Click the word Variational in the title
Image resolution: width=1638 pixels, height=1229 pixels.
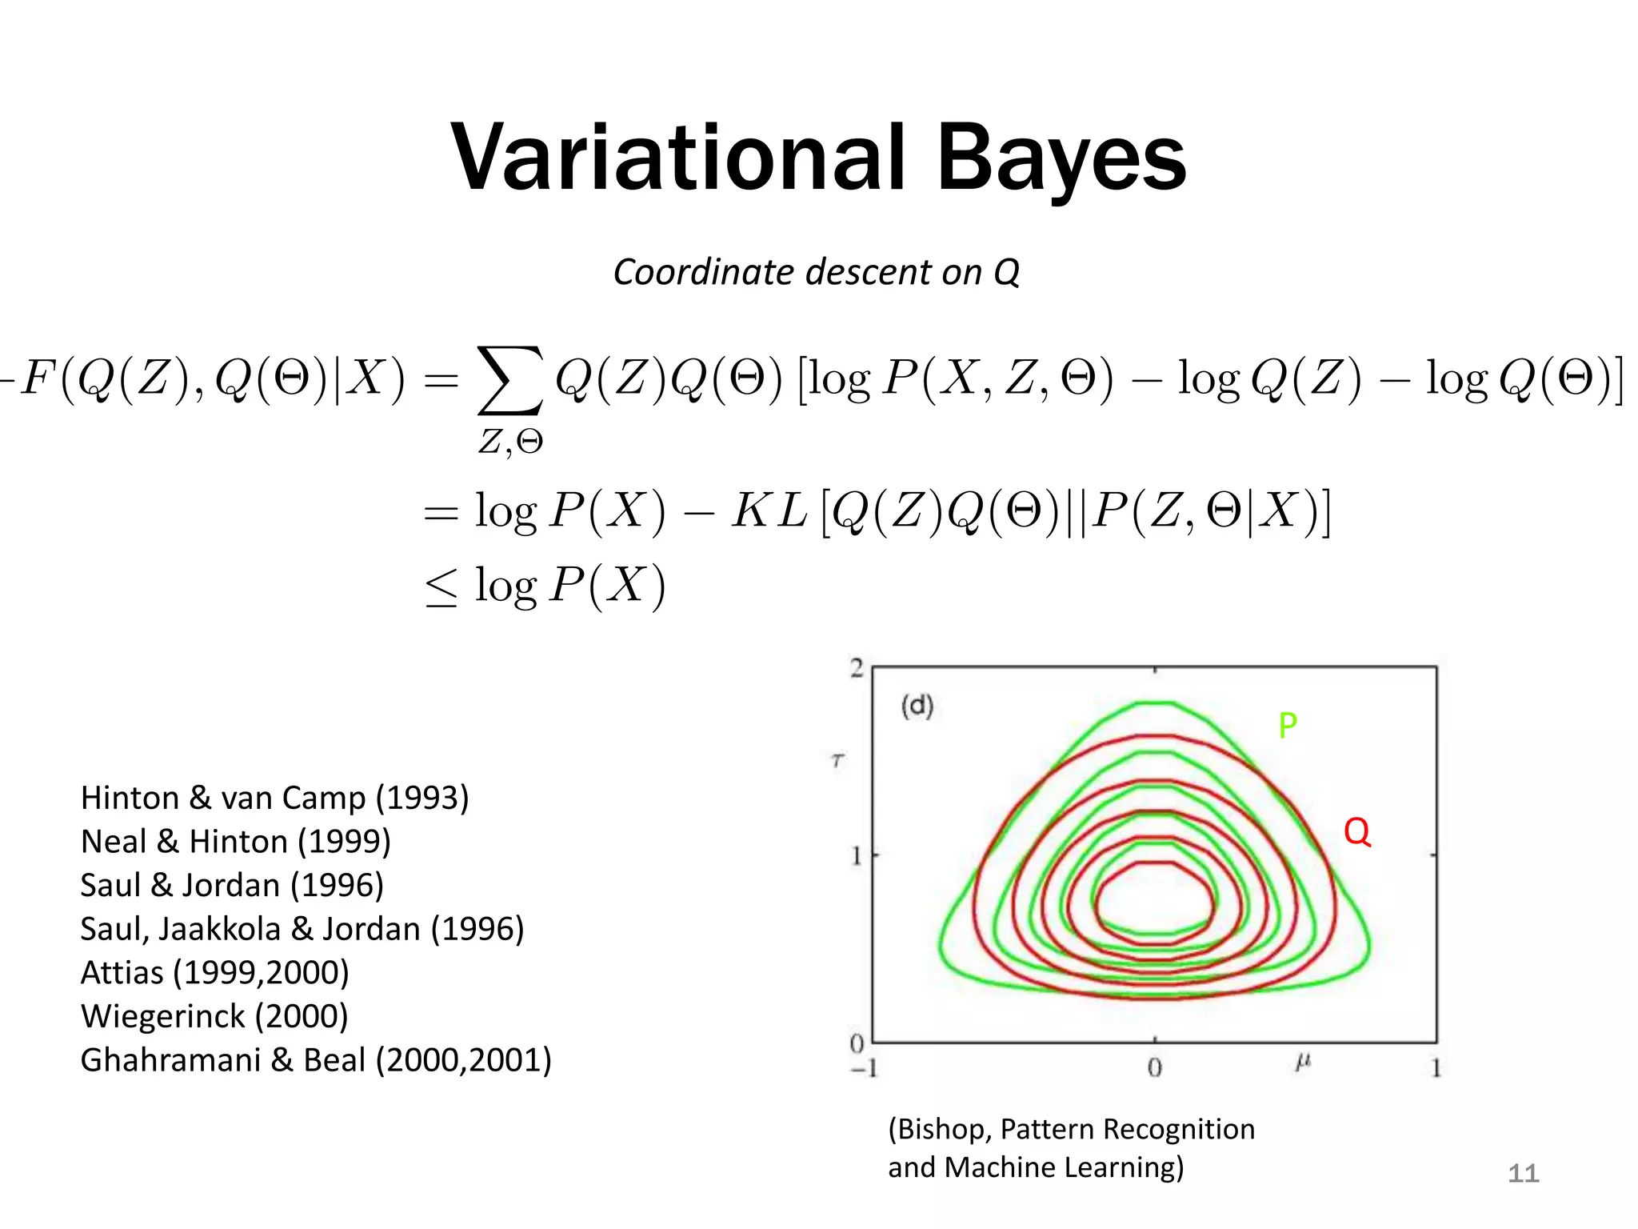click(678, 158)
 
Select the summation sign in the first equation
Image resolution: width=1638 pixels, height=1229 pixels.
click(510, 380)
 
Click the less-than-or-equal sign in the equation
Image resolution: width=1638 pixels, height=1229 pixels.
click(441, 587)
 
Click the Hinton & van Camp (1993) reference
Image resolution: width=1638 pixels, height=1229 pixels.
click(274, 798)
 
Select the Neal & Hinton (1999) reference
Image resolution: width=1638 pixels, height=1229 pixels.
click(236, 842)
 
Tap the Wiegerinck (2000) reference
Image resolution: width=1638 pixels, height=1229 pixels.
click(214, 1016)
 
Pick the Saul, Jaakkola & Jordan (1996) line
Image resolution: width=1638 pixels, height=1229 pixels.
click(302, 929)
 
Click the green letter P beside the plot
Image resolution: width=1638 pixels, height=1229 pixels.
click(1287, 726)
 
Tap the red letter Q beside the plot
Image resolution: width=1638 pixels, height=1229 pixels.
click(1356, 832)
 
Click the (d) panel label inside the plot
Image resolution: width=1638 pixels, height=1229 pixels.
click(917, 706)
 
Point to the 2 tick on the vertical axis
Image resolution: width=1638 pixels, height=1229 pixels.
click(857, 668)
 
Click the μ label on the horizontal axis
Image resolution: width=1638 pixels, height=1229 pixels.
click(1303, 1063)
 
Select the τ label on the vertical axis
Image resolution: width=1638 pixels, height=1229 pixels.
click(837, 760)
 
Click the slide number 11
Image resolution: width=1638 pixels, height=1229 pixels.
click(1523, 1174)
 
